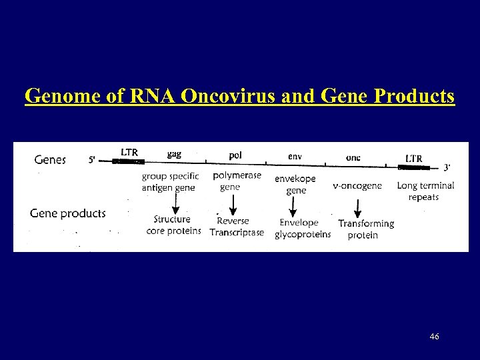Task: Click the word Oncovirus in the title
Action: point(223,97)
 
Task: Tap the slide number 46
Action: point(435,337)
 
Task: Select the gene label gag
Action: point(173,154)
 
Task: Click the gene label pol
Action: point(235,155)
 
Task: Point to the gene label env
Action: point(294,156)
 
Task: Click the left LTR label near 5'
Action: point(129,152)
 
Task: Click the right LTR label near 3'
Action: point(413,158)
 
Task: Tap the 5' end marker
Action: point(94,160)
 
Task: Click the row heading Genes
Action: point(50,160)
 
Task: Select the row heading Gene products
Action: point(68,213)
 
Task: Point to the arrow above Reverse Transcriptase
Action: point(231,203)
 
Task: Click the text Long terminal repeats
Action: point(425,191)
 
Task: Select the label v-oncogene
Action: point(357,185)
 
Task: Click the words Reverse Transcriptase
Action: point(237,227)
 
